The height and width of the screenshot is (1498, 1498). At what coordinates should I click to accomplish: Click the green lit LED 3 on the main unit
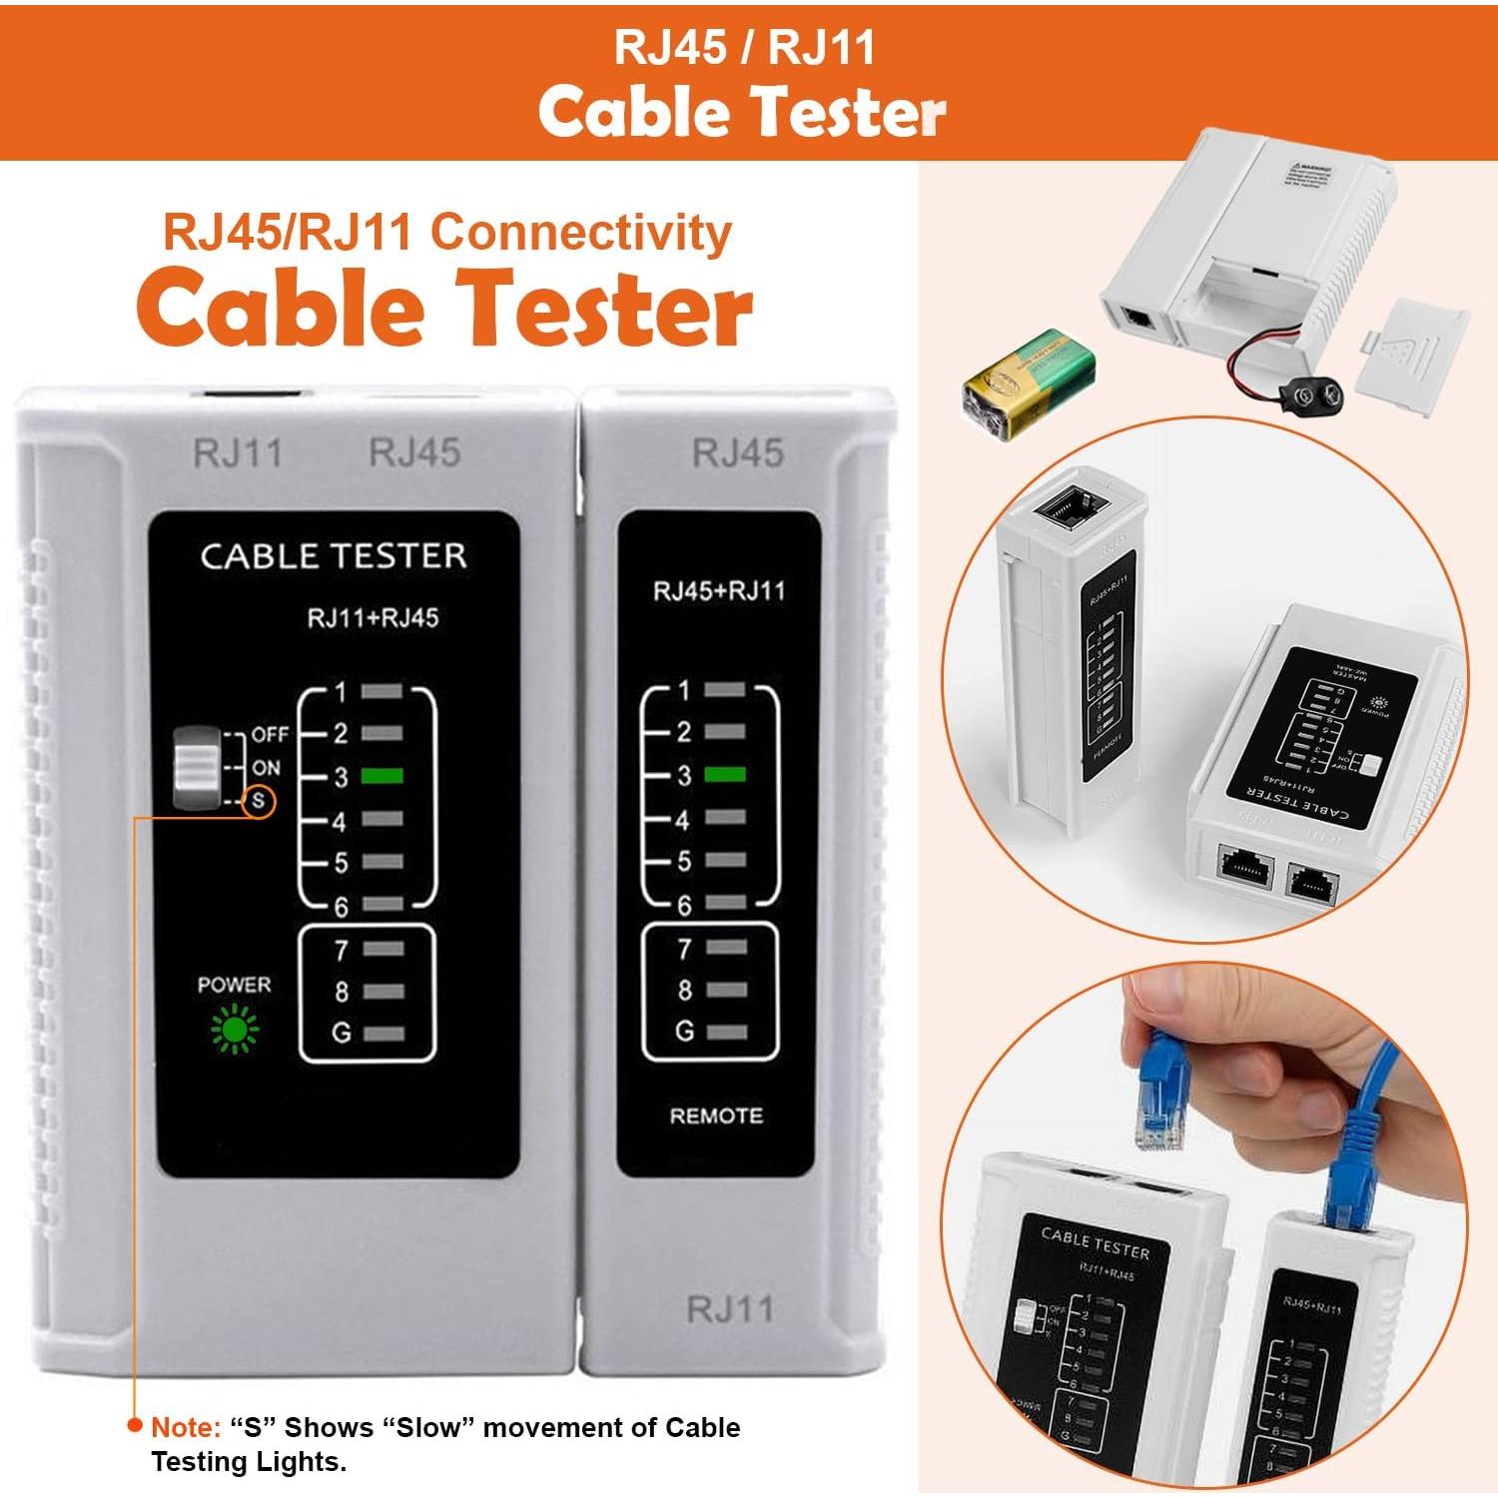(x=381, y=775)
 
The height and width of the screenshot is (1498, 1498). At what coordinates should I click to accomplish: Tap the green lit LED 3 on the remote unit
(x=724, y=774)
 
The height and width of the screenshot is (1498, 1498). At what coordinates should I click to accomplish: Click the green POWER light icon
(x=235, y=1030)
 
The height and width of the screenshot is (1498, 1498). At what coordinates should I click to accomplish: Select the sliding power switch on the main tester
(x=196, y=767)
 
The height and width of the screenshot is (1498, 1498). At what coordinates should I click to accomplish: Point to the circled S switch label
(x=259, y=801)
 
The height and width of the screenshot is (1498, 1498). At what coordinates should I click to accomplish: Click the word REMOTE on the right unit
(x=716, y=1116)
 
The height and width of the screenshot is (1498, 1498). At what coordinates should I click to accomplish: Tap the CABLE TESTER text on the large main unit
(x=334, y=556)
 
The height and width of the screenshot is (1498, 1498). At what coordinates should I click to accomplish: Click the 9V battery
(x=1029, y=383)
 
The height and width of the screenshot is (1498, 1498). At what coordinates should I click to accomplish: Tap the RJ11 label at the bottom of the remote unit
(x=730, y=1309)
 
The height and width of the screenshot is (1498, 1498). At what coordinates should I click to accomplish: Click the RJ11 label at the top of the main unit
(x=238, y=453)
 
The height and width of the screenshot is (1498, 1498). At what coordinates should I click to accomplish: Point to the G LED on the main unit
(x=383, y=1034)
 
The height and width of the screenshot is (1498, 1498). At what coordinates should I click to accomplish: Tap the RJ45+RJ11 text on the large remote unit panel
(x=719, y=591)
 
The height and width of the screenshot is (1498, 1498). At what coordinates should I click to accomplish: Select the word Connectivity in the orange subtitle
(x=581, y=233)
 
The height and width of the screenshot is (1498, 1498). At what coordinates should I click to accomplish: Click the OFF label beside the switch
(x=270, y=734)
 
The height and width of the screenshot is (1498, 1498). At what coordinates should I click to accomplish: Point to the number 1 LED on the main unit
(x=381, y=691)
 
